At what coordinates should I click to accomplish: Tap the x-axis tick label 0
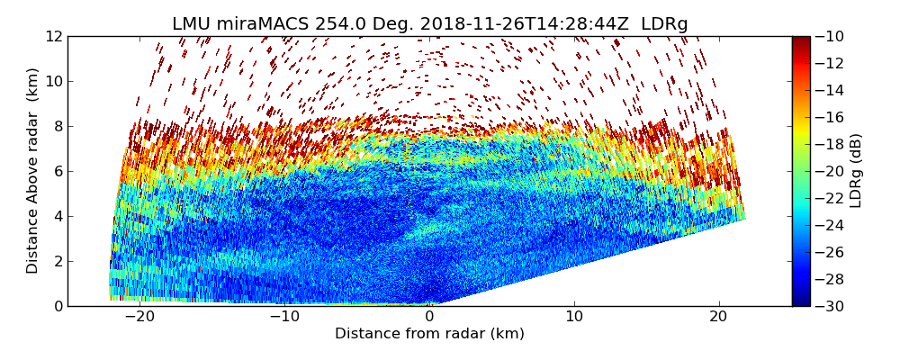[x=429, y=317]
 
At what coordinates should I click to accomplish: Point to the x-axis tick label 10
[x=573, y=317]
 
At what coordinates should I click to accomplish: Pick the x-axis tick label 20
[x=718, y=317]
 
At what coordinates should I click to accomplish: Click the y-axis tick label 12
[x=55, y=37]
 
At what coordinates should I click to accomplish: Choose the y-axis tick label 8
[x=58, y=127]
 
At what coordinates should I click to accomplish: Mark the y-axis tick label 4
[x=58, y=217]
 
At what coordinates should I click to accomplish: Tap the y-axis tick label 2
[x=58, y=262]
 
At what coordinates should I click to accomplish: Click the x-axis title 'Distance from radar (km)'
[x=429, y=334]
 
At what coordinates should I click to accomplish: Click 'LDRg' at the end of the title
[x=665, y=24]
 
